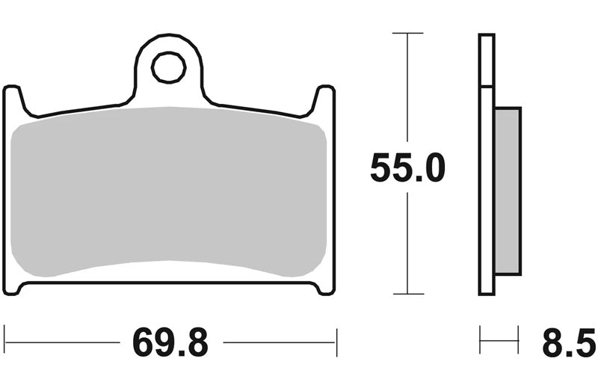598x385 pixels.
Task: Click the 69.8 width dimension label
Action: tap(170, 342)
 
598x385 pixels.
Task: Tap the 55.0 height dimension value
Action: tap(407, 167)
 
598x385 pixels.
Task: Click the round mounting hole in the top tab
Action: tap(169, 67)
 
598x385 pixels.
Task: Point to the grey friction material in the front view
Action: tap(169, 191)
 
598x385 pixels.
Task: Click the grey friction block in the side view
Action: tap(508, 191)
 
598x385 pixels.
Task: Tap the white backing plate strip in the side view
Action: tap(487, 164)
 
